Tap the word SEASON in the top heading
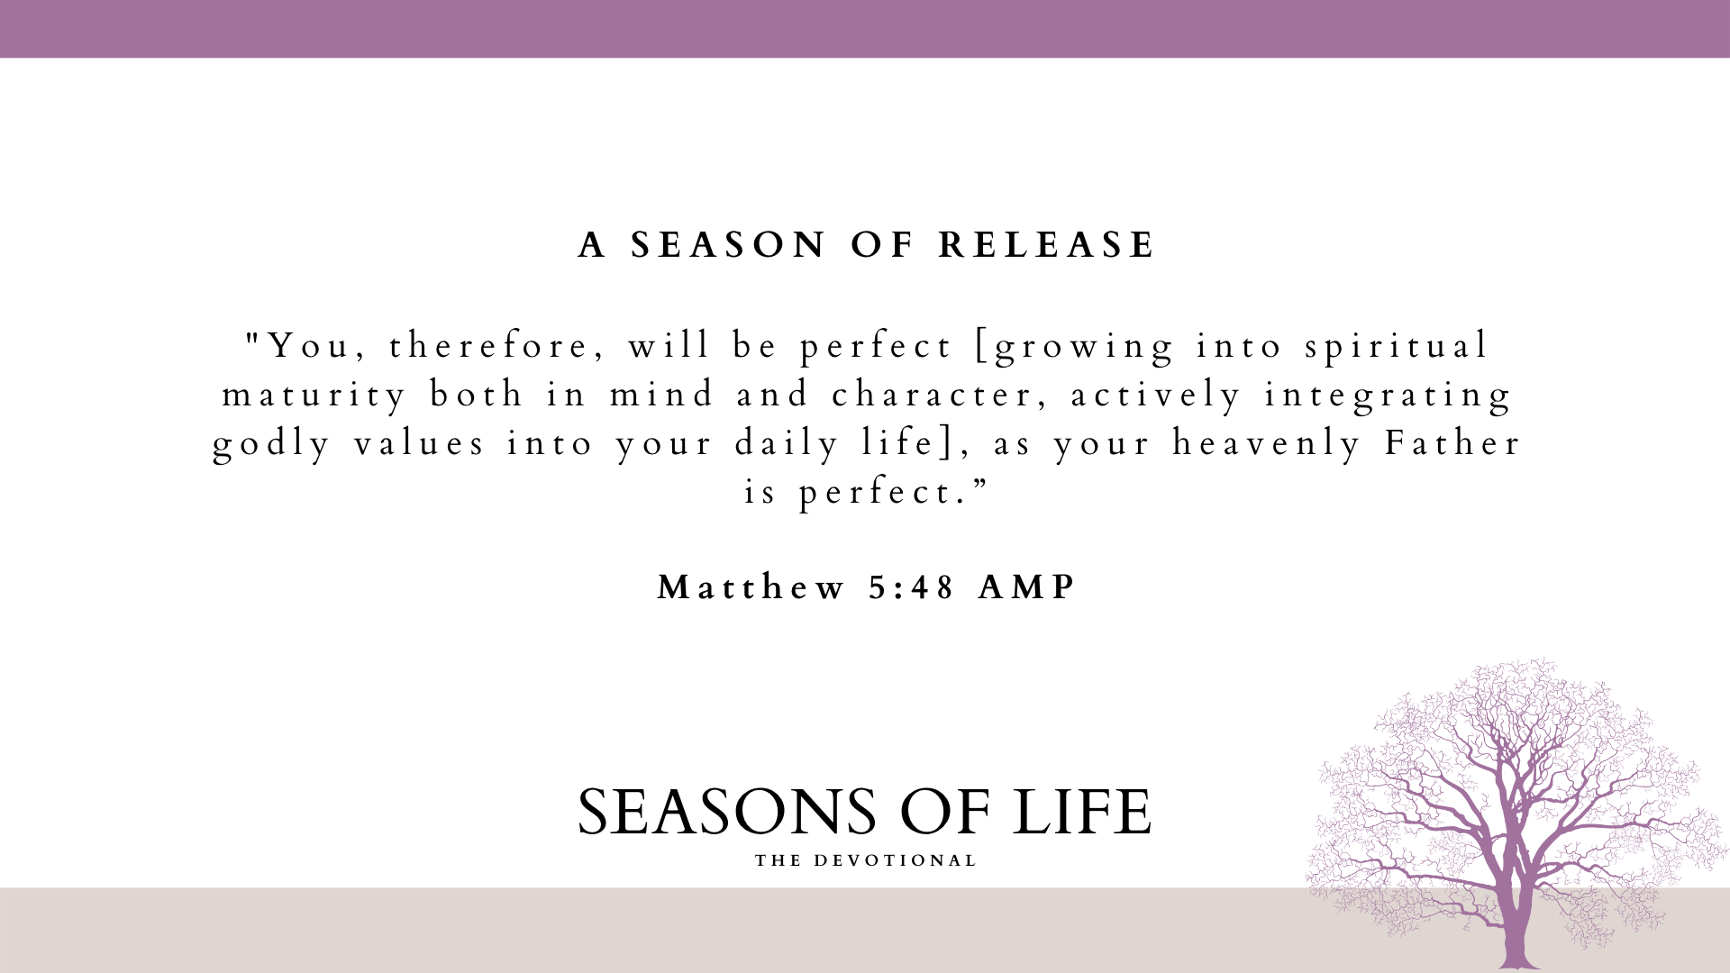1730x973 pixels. click(728, 245)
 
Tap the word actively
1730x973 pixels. click(1156, 396)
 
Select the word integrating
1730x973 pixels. click(1389, 396)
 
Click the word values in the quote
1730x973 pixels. click(420, 443)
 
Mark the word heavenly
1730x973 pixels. click(1266, 445)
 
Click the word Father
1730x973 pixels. click(1452, 443)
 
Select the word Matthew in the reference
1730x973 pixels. click(751, 587)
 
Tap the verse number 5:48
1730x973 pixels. click(912, 587)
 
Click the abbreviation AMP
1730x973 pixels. click(1027, 587)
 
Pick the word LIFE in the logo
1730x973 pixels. click(1081, 812)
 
